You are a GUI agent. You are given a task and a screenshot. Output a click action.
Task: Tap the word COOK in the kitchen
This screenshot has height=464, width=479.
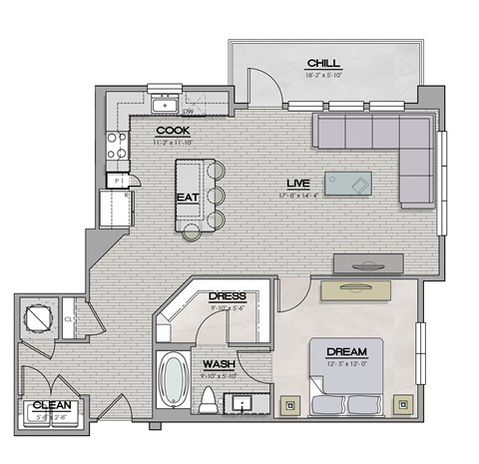(173, 131)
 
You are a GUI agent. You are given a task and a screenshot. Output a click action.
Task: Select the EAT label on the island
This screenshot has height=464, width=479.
(187, 198)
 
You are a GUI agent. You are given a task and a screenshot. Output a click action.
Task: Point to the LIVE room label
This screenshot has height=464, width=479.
(297, 185)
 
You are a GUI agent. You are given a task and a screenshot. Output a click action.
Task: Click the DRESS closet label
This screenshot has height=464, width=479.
(227, 296)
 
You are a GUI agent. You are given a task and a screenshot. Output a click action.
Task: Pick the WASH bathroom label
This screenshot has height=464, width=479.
(219, 364)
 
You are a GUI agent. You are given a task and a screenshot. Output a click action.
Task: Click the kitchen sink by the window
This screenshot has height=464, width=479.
(162, 104)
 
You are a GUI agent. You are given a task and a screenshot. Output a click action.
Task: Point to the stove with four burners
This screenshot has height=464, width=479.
(117, 147)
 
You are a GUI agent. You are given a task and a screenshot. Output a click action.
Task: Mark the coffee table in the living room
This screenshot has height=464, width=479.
(349, 184)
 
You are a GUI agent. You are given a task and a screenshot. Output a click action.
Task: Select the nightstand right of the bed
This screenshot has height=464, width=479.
(403, 405)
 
